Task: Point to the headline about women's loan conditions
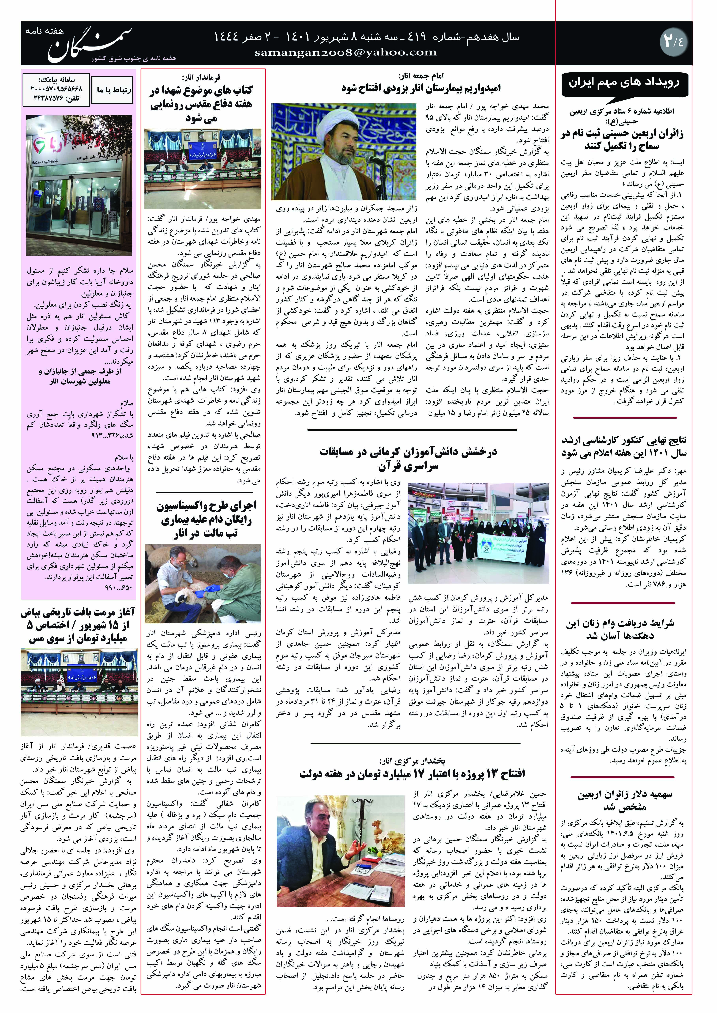pyautogui.click(x=620, y=629)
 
